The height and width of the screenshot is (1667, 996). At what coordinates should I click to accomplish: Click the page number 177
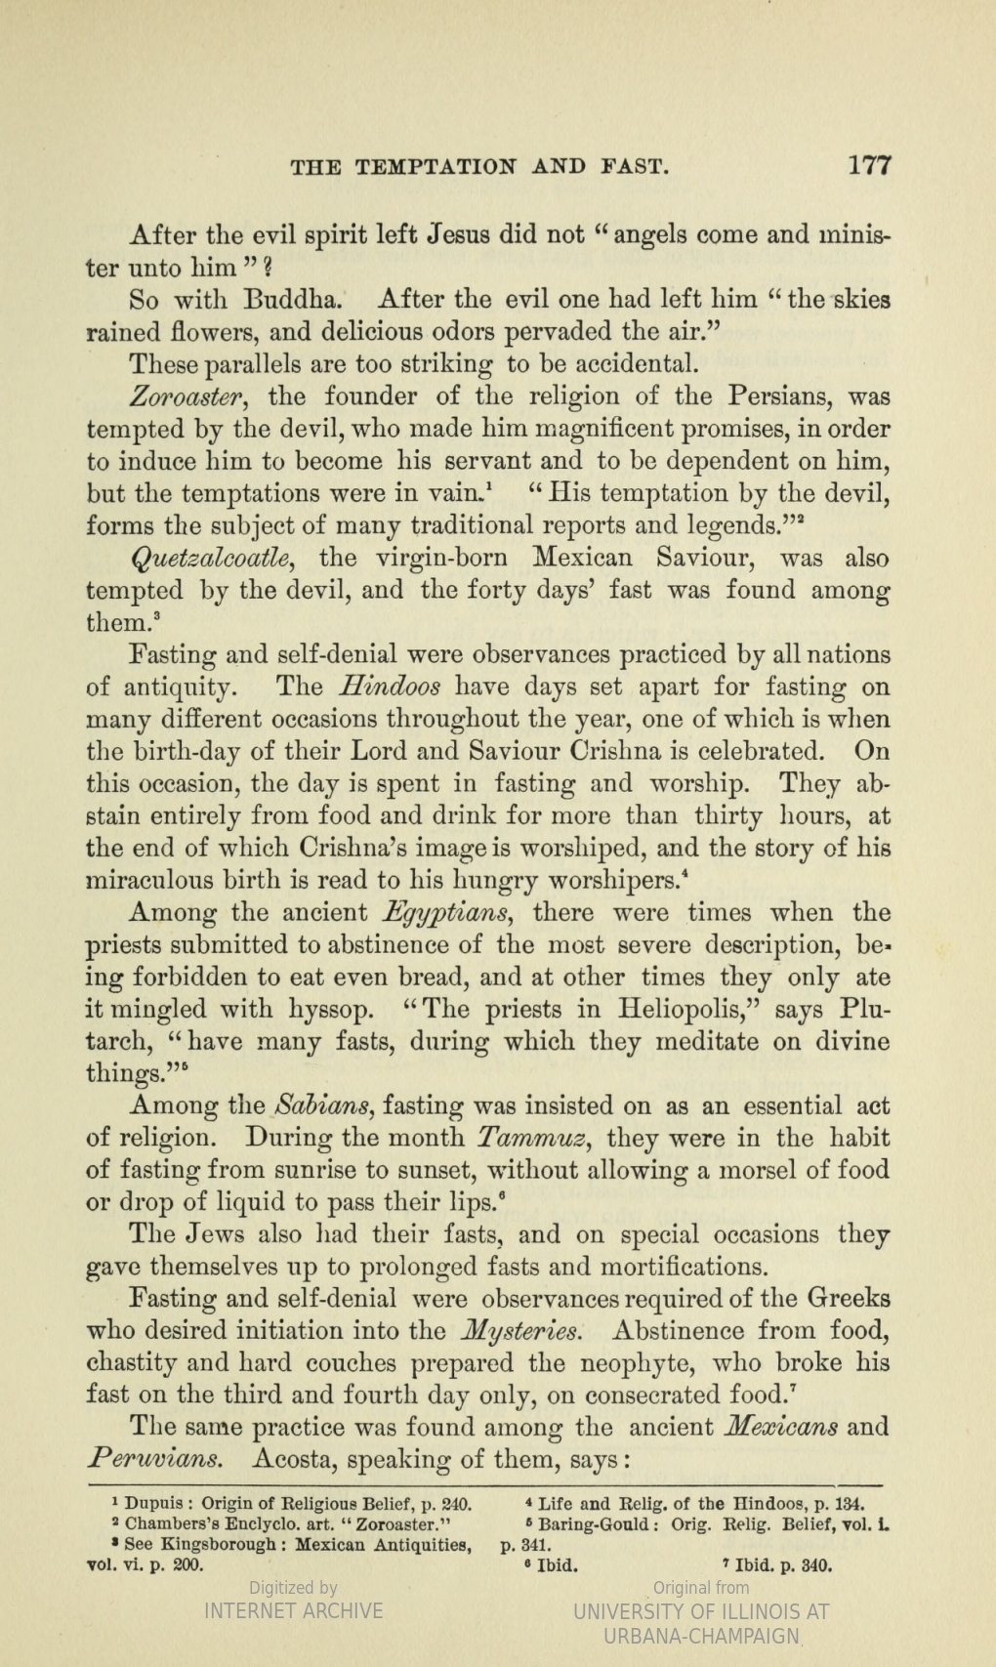click(869, 165)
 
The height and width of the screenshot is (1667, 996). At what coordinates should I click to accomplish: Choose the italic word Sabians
click(319, 1106)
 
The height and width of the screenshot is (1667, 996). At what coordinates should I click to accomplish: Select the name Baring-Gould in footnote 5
click(600, 1524)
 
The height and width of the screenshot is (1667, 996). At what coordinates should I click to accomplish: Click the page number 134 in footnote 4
click(851, 1503)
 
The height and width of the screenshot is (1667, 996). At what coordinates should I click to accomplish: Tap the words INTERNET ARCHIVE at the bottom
click(293, 1610)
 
